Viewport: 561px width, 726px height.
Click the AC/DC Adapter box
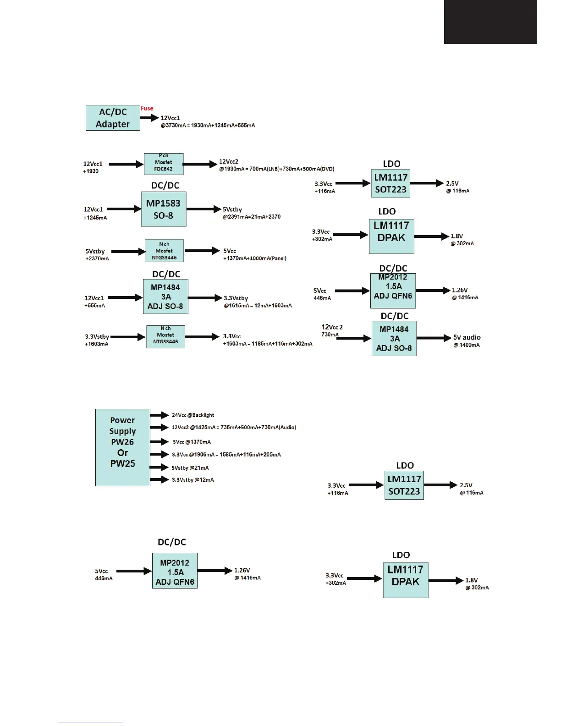point(113,118)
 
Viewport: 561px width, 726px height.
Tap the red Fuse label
point(147,108)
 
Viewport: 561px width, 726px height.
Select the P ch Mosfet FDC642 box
point(164,164)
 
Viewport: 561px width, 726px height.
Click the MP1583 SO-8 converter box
point(164,209)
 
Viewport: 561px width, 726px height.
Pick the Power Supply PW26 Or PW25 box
point(122,447)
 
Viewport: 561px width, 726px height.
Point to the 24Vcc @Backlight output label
point(193,415)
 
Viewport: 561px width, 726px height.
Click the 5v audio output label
point(467,338)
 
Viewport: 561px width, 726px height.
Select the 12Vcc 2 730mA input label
point(332,330)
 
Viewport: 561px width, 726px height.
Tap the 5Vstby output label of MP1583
point(232,209)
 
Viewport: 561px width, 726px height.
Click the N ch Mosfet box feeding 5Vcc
point(164,251)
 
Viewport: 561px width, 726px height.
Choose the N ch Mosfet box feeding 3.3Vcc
point(165,337)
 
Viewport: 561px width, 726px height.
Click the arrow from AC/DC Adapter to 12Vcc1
point(149,118)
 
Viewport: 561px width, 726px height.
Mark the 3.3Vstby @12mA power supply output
point(192,480)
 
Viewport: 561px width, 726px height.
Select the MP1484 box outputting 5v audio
point(394,338)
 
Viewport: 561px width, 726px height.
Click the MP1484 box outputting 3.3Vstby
point(165,297)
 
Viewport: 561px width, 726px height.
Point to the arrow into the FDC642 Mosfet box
point(126,164)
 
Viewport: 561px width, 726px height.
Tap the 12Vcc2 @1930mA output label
point(229,161)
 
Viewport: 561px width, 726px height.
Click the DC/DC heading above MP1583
point(165,185)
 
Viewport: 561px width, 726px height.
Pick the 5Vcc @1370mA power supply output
point(192,442)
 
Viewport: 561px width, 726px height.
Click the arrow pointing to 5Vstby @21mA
point(159,467)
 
